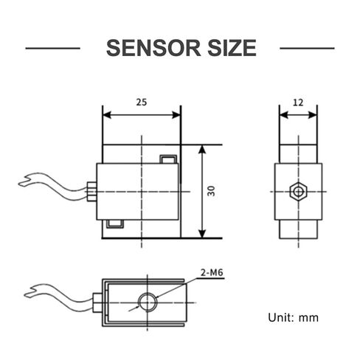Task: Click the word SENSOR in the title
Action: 153,48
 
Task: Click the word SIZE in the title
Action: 232,48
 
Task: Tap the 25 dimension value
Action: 142,103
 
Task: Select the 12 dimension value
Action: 298,103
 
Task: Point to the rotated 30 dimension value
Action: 211,191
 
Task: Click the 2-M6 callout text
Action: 212,272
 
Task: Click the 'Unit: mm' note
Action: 293,317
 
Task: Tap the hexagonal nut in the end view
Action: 298,192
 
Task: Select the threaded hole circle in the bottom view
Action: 148,302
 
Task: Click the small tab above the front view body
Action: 168,159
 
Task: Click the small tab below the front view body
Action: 114,224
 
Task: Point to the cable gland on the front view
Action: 91,192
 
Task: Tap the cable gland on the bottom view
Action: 97,302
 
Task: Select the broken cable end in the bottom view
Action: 30,291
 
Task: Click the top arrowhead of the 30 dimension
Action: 202,150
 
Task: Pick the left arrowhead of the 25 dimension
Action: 108,115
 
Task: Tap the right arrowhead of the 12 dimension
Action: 313,115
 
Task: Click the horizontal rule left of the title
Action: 53,48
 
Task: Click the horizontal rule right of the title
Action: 307,48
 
